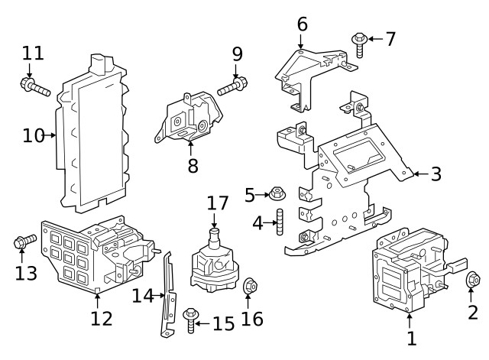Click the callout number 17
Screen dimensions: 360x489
217,204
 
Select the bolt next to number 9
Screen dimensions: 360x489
232,87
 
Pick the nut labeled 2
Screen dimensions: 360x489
472,281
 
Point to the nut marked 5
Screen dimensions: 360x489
277,195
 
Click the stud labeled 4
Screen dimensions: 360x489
280,224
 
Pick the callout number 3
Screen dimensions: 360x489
436,174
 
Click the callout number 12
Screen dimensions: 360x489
101,318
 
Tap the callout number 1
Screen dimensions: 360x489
410,337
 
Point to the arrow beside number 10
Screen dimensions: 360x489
53,135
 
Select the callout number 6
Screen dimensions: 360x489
302,24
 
